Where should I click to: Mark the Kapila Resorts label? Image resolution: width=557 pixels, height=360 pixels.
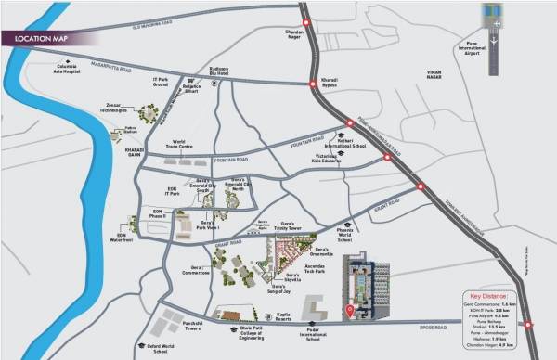286,317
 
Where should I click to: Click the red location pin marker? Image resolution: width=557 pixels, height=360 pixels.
349,310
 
